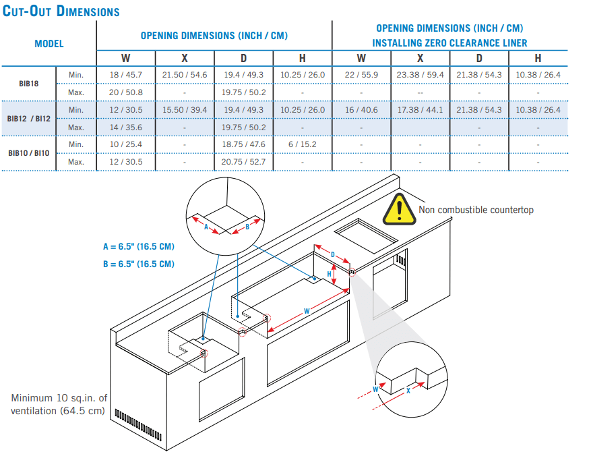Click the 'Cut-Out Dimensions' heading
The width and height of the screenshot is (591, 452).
click(x=61, y=11)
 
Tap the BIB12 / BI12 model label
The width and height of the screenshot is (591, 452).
click(x=28, y=118)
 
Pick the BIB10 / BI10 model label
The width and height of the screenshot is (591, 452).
click(x=28, y=153)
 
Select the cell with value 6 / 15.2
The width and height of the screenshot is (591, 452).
click(x=302, y=144)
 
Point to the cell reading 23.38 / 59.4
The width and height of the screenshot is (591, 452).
click(x=420, y=75)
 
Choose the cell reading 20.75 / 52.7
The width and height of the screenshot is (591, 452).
click(x=243, y=162)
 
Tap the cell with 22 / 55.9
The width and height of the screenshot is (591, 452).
click(x=361, y=75)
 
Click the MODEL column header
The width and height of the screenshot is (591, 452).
click(x=49, y=43)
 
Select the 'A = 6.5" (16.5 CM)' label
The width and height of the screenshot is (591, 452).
click(x=138, y=247)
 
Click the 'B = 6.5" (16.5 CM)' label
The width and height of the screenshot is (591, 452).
click(x=138, y=264)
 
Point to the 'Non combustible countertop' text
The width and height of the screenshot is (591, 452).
click(x=476, y=210)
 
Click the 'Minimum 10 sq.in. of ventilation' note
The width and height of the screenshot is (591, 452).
click(x=59, y=404)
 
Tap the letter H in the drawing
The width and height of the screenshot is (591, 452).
click(x=330, y=273)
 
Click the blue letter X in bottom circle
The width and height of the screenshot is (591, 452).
click(x=408, y=392)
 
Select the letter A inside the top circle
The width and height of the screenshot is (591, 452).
click(x=206, y=227)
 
